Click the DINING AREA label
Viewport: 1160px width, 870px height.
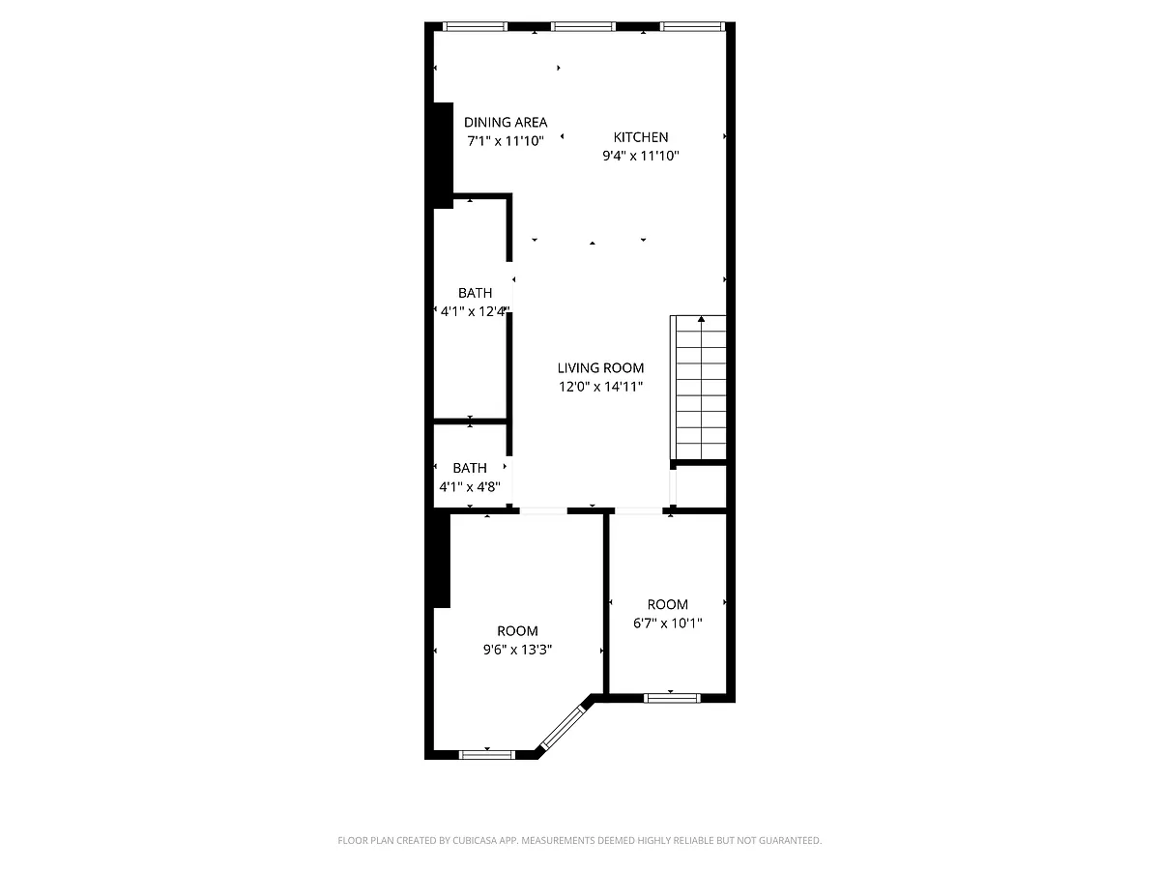click(x=506, y=122)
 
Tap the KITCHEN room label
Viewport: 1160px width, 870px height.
click(x=640, y=137)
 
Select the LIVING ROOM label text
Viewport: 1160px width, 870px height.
click(x=600, y=367)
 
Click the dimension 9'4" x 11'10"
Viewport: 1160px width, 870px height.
click(x=640, y=156)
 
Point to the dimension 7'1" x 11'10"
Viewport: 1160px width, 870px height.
click(x=506, y=140)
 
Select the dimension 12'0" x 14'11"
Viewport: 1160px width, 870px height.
click(x=600, y=386)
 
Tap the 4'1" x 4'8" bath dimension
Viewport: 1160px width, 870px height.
click(x=470, y=486)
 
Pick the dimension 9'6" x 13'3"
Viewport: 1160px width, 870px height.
click(x=517, y=650)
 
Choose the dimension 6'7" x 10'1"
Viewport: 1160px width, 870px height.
click(x=668, y=623)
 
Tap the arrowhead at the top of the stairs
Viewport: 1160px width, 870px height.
click(x=701, y=318)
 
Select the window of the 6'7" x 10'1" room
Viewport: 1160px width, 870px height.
click(x=673, y=696)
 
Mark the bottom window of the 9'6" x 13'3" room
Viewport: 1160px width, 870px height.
click(x=487, y=753)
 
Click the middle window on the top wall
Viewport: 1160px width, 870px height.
click(x=583, y=26)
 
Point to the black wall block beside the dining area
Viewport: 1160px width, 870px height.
click(x=443, y=155)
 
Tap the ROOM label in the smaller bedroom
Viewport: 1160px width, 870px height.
click(x=668, y=605)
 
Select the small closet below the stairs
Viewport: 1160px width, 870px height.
click(x=701, y=486)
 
